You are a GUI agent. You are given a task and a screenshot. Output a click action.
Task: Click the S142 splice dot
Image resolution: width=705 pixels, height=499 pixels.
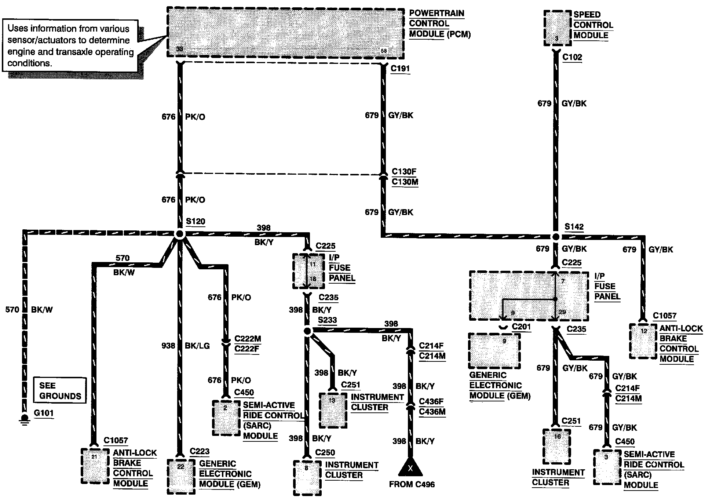coord(556,237)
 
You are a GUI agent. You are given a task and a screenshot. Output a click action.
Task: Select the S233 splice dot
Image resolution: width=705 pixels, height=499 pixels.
coord(307,331)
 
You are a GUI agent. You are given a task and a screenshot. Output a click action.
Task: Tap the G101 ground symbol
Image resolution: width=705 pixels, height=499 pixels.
coord(25,419)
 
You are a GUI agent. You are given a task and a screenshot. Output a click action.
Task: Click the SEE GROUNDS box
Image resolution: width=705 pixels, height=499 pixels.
coord(60,391)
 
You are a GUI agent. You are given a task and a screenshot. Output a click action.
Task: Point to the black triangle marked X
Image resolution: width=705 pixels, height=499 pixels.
coord(410,467)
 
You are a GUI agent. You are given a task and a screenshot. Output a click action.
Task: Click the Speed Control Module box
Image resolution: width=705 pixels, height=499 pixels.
coord(557,28)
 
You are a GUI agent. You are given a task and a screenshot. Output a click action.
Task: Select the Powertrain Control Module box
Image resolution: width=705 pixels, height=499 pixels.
coord(285,32)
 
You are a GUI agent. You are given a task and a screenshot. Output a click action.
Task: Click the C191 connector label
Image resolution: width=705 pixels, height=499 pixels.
coord(400,69)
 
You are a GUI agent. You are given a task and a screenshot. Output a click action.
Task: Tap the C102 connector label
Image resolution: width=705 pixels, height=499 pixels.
coord(572,57)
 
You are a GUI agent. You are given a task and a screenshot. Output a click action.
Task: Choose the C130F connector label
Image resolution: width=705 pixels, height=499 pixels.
coord(404,171)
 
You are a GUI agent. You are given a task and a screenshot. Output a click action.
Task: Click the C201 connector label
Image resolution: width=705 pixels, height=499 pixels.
coord(521,327)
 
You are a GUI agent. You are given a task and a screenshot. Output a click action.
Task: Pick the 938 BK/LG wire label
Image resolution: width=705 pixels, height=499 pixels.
coord(186,346)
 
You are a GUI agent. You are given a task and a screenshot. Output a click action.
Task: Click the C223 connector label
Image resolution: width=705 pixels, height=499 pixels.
coord(200,451)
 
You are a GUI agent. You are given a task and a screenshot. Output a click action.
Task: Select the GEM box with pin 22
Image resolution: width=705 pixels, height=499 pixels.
coord(180,476)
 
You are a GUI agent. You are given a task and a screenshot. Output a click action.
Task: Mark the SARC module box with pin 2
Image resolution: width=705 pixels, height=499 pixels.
coord(226,418)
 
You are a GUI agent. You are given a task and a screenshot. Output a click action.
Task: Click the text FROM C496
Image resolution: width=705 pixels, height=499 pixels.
coord(412,484)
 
